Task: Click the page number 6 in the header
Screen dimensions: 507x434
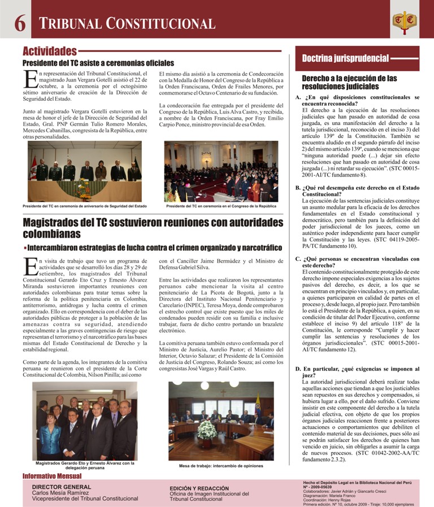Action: click(x=19, y=23)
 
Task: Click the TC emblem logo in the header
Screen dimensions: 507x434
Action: click(x=405, y=21)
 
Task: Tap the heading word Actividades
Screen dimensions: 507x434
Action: click(x=50, y=51)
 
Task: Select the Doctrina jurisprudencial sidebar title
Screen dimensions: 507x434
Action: click(x=345, y=58)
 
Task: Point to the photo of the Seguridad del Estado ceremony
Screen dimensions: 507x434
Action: click(x=85, y=171)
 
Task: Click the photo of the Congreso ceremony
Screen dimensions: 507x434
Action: click(x=221, y=171)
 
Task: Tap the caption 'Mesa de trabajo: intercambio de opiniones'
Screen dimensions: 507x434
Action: click(x=221, y=466)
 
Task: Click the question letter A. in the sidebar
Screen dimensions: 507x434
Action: click(x=298, y=97)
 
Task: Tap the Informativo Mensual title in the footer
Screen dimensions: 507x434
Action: click(x=52, y=476)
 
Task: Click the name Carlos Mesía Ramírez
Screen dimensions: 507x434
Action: click(x=63, y=492)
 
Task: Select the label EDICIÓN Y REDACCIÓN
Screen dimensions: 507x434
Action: click(x=199, y=488)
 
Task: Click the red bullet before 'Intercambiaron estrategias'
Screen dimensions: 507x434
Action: click(x=25, y=248)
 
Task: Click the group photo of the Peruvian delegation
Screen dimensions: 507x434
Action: click(x=85, y=421)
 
